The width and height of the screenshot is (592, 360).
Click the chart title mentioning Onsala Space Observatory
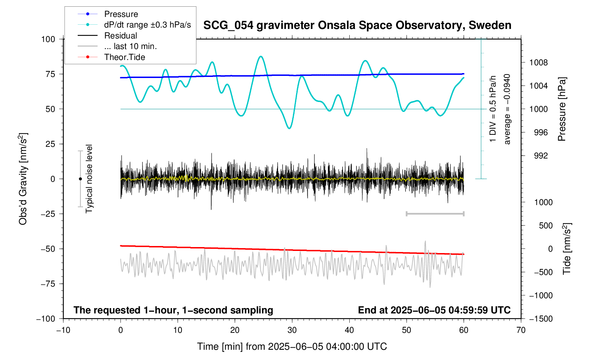click(x=357, y=25)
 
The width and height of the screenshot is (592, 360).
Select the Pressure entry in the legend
click(x=121, y=14)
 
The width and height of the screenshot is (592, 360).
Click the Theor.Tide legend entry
click(x=124, y=57)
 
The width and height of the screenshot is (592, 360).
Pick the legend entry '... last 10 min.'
click(x=130, y=46)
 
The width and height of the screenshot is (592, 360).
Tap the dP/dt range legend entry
click(x=147, y=25)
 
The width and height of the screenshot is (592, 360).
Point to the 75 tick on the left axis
click(x=48, y=74)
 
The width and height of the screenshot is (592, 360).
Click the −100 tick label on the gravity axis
click(x=46, y=319)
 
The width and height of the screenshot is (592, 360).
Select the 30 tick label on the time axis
click(x=292, y=330)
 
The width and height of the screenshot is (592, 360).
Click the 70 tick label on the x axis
click(x=521, y=330)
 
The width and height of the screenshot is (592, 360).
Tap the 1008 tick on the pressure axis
click(x=538, y=63)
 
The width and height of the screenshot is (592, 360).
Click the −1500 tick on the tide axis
click(x=540, y=319)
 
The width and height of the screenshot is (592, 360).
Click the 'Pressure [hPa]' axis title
click(x=562, y=109)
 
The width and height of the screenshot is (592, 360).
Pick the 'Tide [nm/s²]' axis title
click(x=567, y=249)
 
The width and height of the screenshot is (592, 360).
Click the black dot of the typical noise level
click(x=80, y=179)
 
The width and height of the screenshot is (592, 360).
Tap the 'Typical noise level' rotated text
click(x=89, y=179)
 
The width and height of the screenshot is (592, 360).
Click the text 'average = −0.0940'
click(x=507, y=109)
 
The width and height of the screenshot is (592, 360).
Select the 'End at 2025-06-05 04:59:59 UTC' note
click(x=434, y=310)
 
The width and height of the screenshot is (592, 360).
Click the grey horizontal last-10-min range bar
click(x=435, y=214)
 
